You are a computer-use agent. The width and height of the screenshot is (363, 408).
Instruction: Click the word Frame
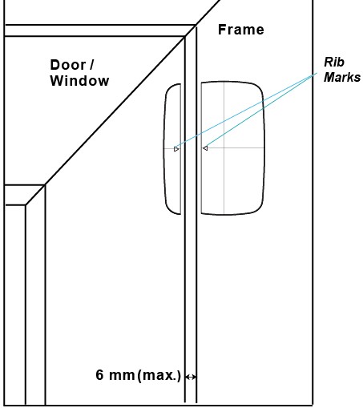pos(241,30)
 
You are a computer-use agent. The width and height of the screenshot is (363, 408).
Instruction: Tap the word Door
pos(68,65)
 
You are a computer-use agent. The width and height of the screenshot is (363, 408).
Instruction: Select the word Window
pos(79,81)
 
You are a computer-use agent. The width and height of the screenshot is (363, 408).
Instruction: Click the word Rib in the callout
pos(334,63)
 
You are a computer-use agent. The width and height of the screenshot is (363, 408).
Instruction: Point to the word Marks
pos(342,77)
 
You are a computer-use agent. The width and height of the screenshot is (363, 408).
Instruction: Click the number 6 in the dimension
pos(99,374)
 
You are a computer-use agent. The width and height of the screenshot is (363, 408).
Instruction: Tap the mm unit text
pos(122,375)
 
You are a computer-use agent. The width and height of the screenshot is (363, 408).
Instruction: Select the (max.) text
pos(159,376)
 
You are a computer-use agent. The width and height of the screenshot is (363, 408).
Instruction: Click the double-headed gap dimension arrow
pos(191,377)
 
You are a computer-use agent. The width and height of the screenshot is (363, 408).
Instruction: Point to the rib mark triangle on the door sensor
pos(176,149)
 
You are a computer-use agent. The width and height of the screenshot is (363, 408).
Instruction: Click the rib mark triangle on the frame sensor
pos(205,148)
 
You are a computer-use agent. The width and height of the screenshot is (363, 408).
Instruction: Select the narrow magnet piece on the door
pos(172,149)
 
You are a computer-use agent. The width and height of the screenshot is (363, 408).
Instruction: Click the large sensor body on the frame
pos(233,148)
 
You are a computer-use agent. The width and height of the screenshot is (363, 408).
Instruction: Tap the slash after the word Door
pos(91,65)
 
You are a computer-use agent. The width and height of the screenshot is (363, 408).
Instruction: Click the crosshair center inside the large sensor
pos(224,147)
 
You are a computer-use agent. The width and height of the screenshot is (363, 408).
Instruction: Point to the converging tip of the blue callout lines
pos(317,73)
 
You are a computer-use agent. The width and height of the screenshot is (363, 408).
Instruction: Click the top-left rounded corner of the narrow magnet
pos(169,88)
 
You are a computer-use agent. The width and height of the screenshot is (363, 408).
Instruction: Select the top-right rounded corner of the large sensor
pos(258,87)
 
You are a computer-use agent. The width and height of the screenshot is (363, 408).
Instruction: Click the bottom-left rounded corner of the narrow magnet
pos(169,209)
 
